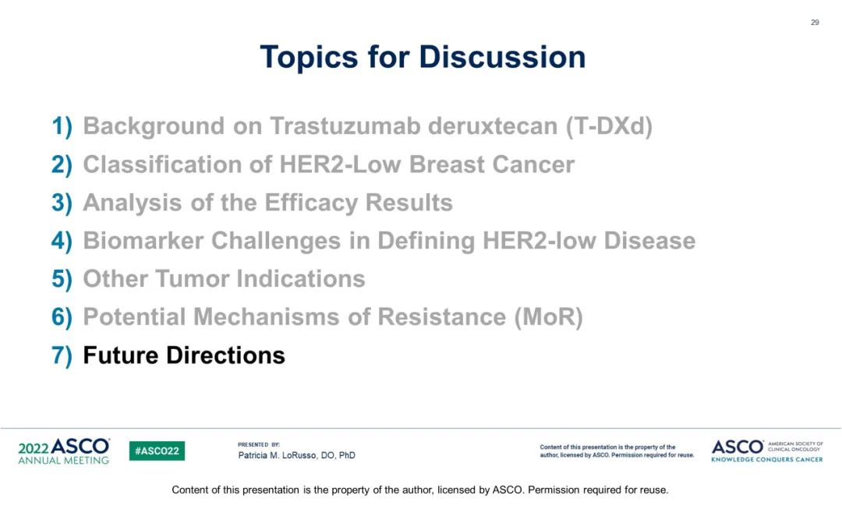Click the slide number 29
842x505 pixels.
tap(815, 23)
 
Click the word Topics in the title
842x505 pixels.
tap(309, 58)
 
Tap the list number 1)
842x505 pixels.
tap(62, 127)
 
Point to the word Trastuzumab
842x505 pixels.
tap(345, 126)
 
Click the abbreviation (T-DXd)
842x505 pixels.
tap(609, 127)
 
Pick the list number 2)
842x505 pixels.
tap(62, 164)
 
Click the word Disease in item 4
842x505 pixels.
tap(649, 241)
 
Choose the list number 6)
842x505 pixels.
tap(62, 317)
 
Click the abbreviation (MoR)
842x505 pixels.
tap(548, 317)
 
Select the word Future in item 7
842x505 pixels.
tap(121, 355)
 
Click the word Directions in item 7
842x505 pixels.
tap(225, 355)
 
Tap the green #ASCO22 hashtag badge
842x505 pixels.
tap(157, 450)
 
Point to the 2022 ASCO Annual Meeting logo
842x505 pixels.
tap(63, 450)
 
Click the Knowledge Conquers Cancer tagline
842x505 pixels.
tap(767, 459)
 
